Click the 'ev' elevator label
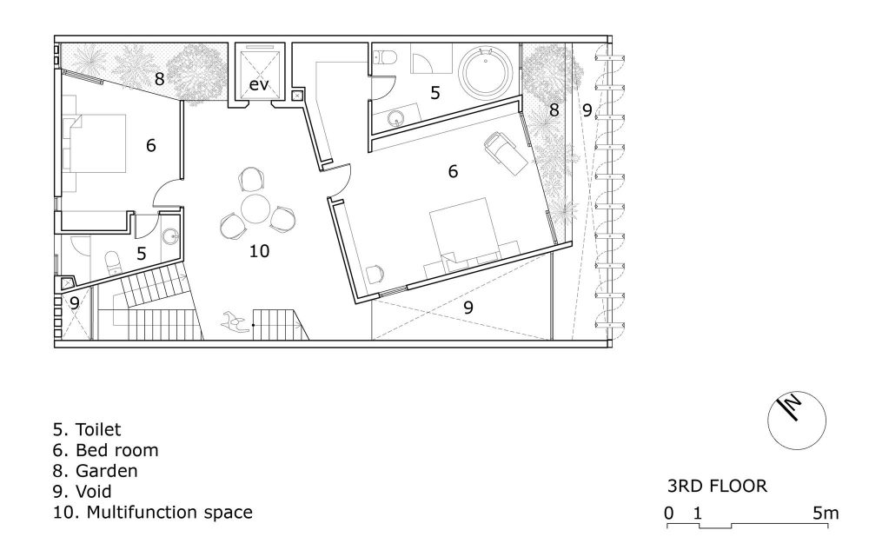[x=258, y=85]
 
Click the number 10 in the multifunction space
[x=259, y=251]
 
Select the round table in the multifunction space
[x=255, y=209]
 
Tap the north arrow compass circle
[x=796, y=421]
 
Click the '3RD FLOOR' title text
[x=717, y=487]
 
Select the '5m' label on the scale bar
[x=826, y=513]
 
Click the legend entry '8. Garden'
[x=96, y=471]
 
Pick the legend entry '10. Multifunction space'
[x=153, y=513]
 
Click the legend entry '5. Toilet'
[x=87, y=429]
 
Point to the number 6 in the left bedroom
[x=150, y=145]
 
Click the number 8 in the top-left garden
[x=160, y=79]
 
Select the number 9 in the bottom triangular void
[x=468, y=308]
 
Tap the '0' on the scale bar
[x=669, y=513]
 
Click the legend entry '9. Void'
[x=83, y=491]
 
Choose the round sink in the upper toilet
[x=395, y=117]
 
